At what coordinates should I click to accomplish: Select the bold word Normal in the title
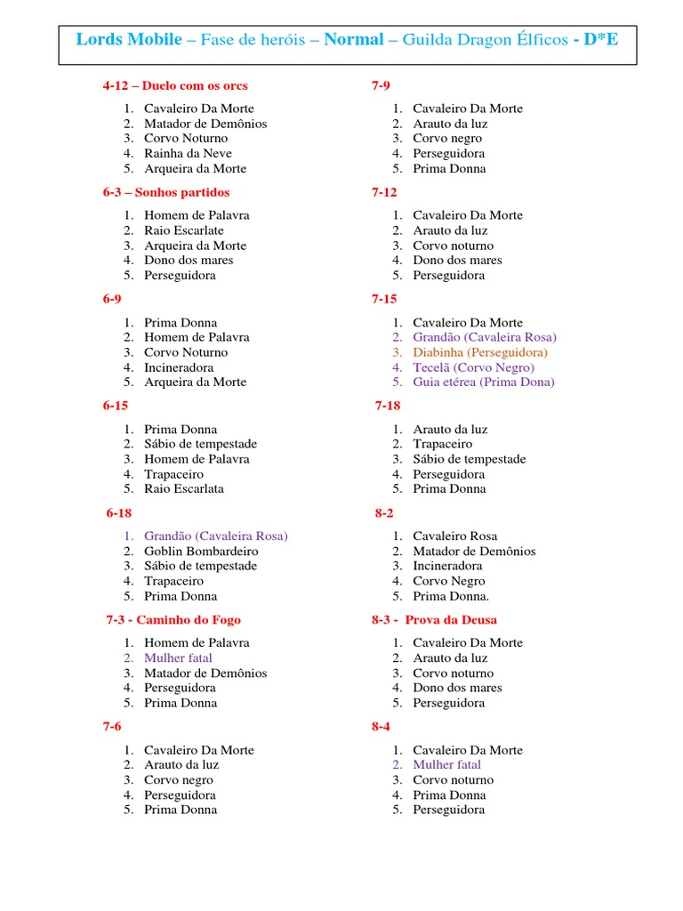[353, 39]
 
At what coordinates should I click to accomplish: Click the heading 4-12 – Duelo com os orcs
[175, 86]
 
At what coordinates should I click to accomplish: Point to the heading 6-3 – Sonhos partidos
[165, 192]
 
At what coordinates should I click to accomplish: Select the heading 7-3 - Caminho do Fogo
[173, 620]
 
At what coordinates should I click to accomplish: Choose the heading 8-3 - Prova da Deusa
[434, 620]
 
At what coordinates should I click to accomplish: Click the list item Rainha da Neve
[188, 153]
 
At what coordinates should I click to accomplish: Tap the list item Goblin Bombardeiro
[201, 551]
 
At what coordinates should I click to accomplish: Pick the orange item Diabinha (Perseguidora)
[480, 352]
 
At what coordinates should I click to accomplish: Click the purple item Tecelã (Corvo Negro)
[473, 367]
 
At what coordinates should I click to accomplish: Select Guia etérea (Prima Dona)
[483, 382]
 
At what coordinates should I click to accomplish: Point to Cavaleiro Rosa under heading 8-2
[454, 536]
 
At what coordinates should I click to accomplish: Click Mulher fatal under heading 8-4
[446, 764]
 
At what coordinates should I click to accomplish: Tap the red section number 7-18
[388, 406]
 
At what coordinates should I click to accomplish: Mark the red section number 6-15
[116, 406]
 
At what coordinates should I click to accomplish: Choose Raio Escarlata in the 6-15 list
[184, 488]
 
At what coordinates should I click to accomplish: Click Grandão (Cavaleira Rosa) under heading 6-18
[215, 536]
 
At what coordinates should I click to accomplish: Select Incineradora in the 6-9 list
[179, 367]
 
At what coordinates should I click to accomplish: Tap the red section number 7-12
[384, 192]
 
